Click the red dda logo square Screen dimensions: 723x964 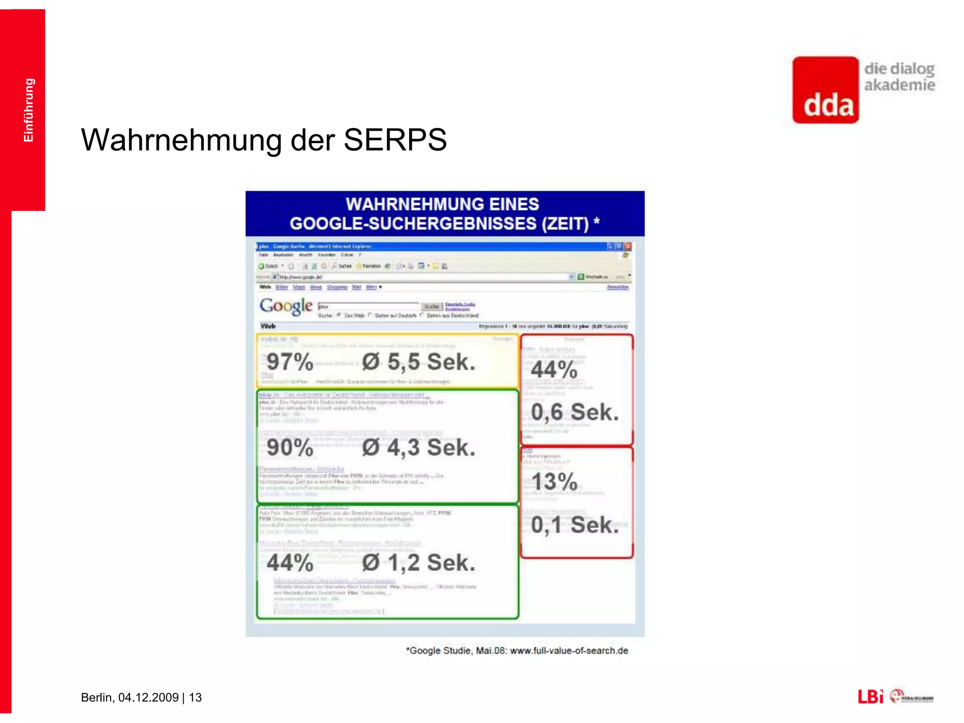pyautogui.click(x=825, y=90)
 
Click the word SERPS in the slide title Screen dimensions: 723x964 pyautogui.click(x=395, y=140)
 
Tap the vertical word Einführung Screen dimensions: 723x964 pyautogui.click(x=29, y=110)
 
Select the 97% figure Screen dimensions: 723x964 pyautogui.click(x=289, y=362)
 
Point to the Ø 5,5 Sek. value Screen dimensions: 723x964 pyautogui.click(x=418, y=362)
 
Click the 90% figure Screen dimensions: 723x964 pyautogui.click(x=289, y=447)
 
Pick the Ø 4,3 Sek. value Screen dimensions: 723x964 pyautogui.click(x=418, y=447)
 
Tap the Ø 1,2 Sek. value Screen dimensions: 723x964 pyautogui.click(x=418, y=562)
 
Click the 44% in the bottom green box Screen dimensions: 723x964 pyautogui.click(x=289, y=562)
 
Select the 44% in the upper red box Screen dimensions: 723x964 pyautogui.click(x=554, y=370)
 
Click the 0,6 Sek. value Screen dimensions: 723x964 pyautogui.click(x=574, y=412)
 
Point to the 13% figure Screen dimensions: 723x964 pyautogui.click(x=554, y=482)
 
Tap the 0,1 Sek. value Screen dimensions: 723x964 pyautogui.click(x=574, y=525)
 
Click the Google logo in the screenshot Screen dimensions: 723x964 pyautogui.click(x=286, y=306)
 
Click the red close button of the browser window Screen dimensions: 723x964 pyautogui.click(x=628, y=246)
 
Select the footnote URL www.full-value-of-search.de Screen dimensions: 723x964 pyautogui.click(x=569, y=651)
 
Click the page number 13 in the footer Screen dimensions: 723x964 pyautogui.click(x=195, y=697)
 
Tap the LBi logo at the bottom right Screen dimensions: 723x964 pyautogui.click(x=870, y=697)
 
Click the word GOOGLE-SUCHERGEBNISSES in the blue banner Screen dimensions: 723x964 pyautogui.click(x=413, y=223)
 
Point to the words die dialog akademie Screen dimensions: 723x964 pyautogui.click(x=899, y=77)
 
